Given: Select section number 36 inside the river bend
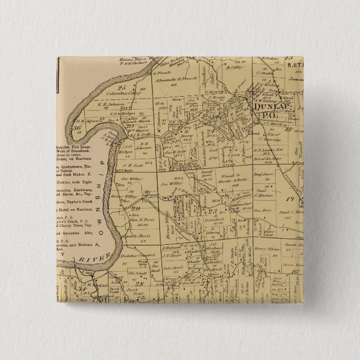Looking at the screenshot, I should click(77, 127).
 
